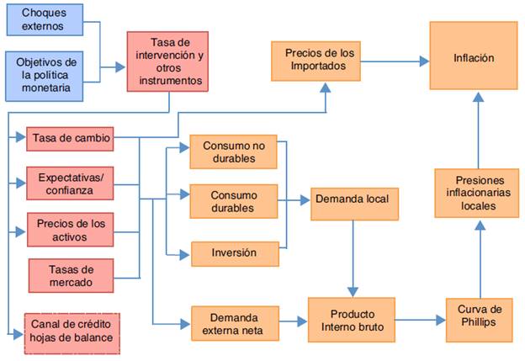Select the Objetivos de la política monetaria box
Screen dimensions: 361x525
[x=46, y=74]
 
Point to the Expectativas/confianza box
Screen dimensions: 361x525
[x=71, y=183]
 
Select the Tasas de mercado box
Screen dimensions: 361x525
[x=71, y=275]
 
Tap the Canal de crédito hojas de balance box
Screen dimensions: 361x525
[x=72, y=331]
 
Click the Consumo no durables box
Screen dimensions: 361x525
[x=233, y=152]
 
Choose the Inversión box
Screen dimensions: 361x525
[x=233, y=252]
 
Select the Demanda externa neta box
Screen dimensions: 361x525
[x=233, y=322]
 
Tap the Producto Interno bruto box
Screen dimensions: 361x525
[x=351, y=319]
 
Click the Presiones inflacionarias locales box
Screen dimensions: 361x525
[x=477, y=193]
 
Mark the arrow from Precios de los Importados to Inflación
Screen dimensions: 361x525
[x=395, y=61]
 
